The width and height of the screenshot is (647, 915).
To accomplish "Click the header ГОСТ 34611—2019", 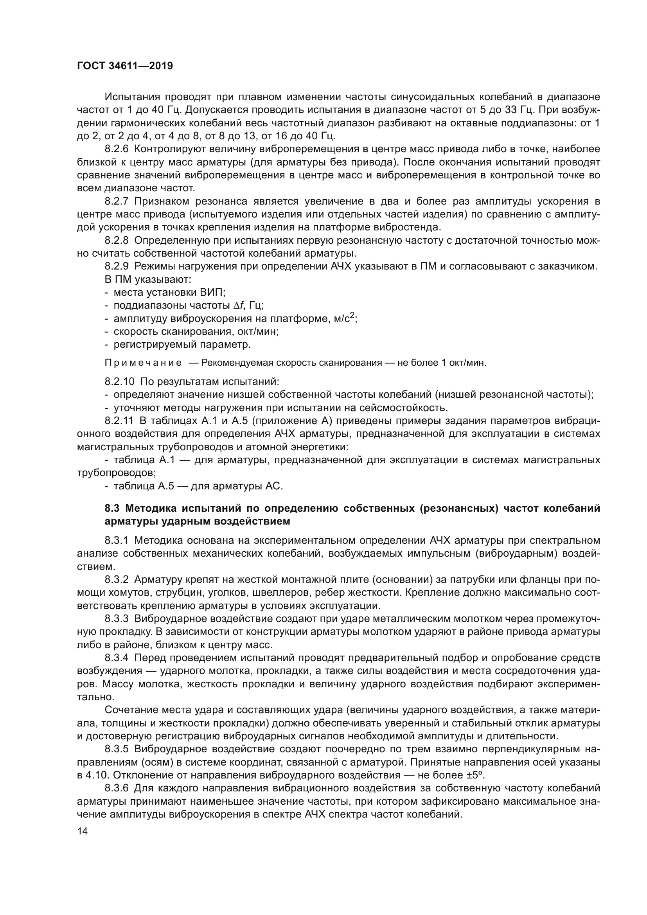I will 125,66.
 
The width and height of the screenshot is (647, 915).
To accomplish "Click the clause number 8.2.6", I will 117,149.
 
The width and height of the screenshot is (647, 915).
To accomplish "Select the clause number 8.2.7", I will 117,201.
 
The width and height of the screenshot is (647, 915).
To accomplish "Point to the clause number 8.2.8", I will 117,240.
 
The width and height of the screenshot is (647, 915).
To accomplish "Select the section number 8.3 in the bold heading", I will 112,509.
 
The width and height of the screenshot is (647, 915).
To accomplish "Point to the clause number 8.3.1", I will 117,541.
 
